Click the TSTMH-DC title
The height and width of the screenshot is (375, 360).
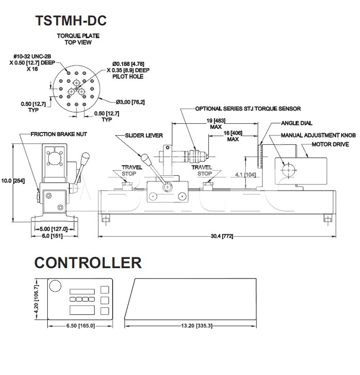tap(70, 20)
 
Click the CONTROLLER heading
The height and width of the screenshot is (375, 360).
tap(88, 263)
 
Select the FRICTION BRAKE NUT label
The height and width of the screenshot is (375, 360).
tap(59, 134)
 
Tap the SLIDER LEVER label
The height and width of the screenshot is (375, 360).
tap(143, 136)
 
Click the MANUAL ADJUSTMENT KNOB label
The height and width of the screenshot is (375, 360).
tap(318, 136)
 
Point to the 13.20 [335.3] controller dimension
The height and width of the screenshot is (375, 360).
tap(195, 326)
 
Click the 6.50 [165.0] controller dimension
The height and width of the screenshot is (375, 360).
tap(81, 326)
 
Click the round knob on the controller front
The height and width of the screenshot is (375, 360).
tap(56, 286)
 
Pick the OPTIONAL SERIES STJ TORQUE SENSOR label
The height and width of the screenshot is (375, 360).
tap(248, 109)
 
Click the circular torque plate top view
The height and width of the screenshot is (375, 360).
tap(77, 90)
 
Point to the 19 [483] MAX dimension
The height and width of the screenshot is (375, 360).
tap(210, 123)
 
